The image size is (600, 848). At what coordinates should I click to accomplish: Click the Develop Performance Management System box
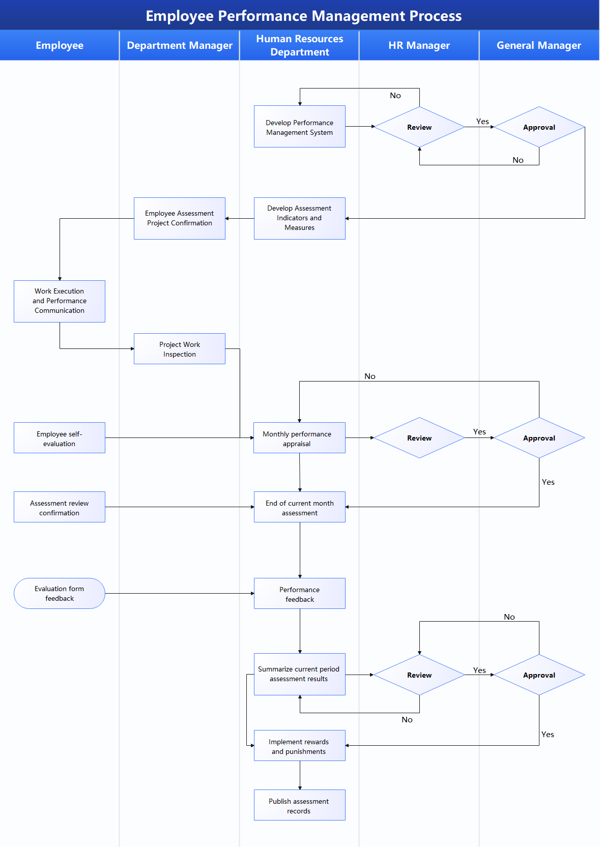pos(299,127)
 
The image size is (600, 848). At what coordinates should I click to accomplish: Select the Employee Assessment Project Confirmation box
pos(179,218)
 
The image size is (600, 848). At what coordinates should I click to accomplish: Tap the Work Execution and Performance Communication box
pos(60,301)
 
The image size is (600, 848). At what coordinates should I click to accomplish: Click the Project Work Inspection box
pos(179,349)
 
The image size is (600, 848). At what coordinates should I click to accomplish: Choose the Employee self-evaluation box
pos(60,438)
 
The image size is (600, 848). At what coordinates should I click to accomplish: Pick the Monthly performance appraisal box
pos(299,438)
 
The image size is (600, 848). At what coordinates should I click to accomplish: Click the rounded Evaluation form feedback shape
pos(60,593)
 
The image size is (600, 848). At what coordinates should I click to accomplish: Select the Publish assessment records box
pos(299,805)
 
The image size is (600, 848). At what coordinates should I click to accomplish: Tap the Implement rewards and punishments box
pos(299,746)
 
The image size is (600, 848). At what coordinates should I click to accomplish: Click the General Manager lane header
pos(538,45)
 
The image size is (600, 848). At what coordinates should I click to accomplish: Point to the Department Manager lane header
pos(179,45)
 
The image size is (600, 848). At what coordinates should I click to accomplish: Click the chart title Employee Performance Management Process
pos(303,16)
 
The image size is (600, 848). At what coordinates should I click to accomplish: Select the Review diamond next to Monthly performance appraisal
pos(419,438)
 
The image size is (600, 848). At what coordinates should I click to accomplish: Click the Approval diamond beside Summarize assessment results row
pos(539,675)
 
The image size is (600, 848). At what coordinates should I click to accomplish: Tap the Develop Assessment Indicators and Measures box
pos(299,218)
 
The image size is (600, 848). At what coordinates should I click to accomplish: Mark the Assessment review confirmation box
pos(60,507)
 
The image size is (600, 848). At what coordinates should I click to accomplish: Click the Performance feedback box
pos(299,594)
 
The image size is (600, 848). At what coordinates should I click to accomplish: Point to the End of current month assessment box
pos(299,507)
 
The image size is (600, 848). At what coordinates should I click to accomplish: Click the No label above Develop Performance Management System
pos(395,96)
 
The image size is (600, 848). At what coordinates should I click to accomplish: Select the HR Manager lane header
pos(419,45)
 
